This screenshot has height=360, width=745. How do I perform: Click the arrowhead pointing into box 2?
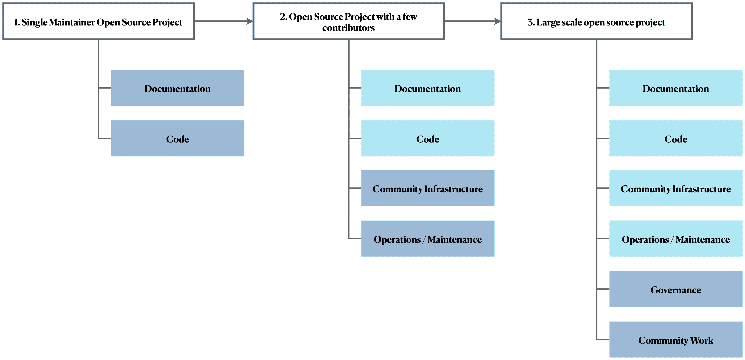[x=249, y=21]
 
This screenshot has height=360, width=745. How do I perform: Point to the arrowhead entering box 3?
[x=497, y=21]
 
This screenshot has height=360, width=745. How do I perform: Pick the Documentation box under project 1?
[x=178, y=88]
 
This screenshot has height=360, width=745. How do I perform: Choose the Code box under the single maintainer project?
[x=178, y=139]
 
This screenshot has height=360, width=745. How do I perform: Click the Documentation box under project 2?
[x=428, y=88]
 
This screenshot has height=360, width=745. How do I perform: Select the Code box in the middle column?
[x=428, y=139]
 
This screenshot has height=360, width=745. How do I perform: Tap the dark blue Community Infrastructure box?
[x=428, y=188]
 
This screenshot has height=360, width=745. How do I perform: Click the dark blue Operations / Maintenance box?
[x=428, y=239]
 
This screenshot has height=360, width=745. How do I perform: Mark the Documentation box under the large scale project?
[x=676, y=88]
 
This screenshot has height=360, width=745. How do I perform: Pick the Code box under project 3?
[x=676, y=139]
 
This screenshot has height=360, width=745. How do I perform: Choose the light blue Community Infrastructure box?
[x=676, y=188]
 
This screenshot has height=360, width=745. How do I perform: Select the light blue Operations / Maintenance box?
[x=676, y=239]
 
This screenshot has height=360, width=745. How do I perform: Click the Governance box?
[x=676, y=289]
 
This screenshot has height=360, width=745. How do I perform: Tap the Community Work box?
[x=676, y=340]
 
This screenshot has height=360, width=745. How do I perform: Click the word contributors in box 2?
[x=348, y=28]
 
